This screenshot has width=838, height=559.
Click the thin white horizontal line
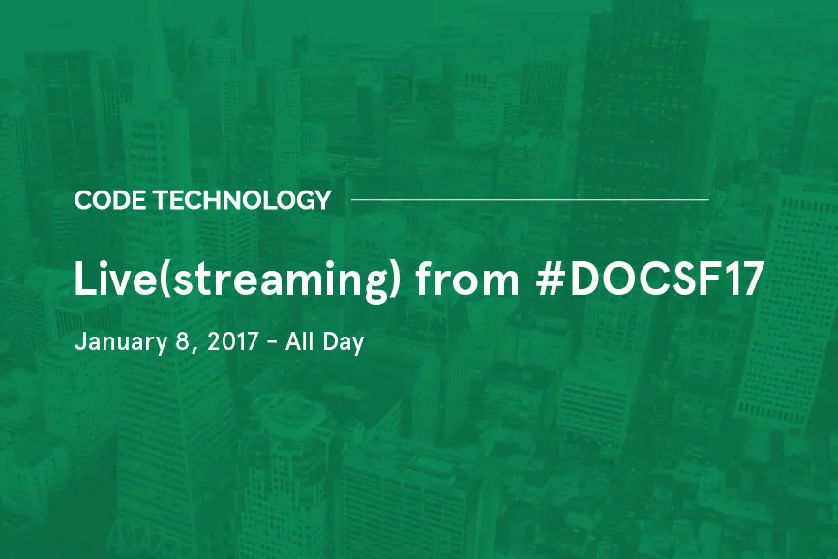point(529,199)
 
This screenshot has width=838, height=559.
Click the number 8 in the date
point(177,341)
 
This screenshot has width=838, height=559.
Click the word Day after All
point(343,342)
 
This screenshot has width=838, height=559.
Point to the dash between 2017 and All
point(271,343)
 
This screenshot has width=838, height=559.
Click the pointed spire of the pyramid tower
point(154,39)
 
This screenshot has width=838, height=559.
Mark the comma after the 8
point(189,349)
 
